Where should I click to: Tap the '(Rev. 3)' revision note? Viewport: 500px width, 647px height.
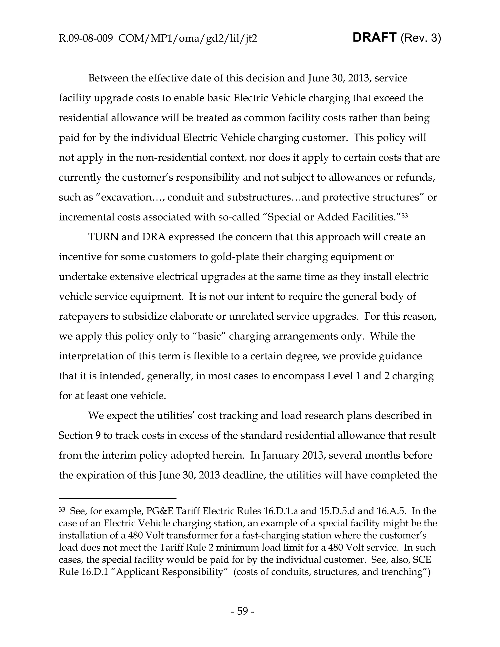(x=421, y=38)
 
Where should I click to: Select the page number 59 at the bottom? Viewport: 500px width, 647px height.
(x=242, y=611)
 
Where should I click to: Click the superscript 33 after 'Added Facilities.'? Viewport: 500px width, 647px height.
(x=405, y=215)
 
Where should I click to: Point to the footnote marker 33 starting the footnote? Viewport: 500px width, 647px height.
(x=62, y=510)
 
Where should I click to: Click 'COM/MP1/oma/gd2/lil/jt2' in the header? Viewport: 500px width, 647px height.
(x=187, y=39)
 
